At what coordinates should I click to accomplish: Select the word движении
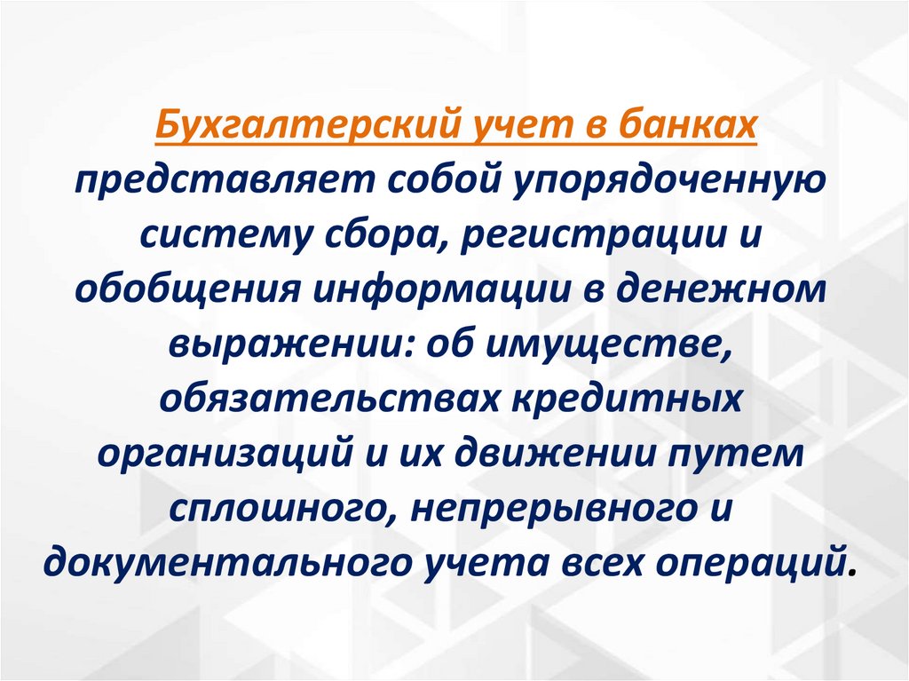pyautogui.click(x=550, y=455)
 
